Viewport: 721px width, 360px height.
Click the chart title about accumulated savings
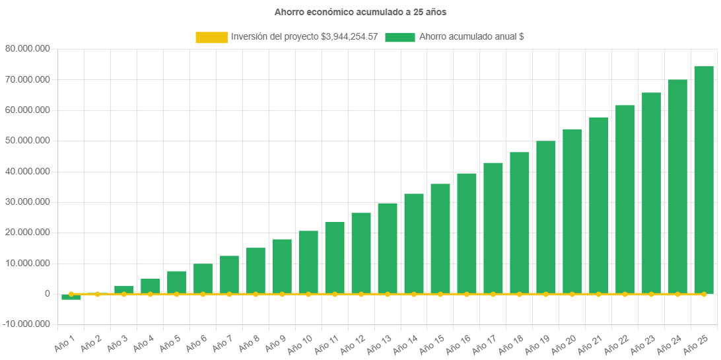(360, 12)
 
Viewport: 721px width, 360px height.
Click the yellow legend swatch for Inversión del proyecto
(211, 37)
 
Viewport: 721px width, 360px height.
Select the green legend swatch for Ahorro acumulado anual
(400, 37)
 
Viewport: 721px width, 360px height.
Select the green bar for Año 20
(572, 211)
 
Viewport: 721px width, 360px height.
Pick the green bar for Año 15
(440, 238)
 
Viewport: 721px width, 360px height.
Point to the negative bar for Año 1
(71, 297)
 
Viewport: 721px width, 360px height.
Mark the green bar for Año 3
(124, 289)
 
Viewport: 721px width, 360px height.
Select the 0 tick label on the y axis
(48, 294)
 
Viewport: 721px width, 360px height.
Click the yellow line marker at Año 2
(98, 294)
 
